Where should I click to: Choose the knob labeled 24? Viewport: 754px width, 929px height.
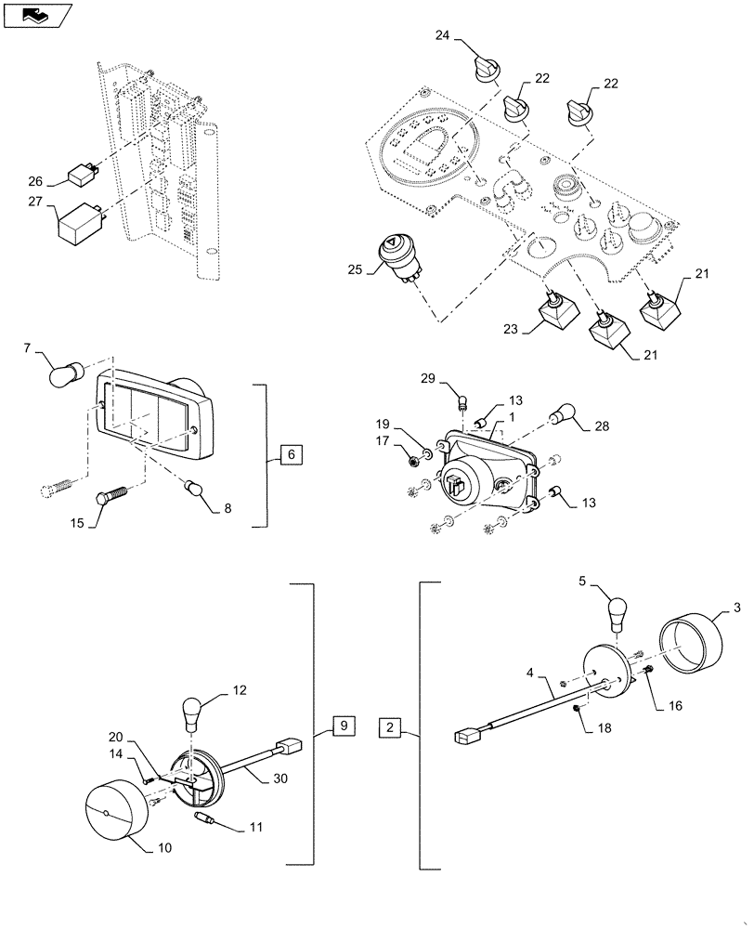tap(485, 67)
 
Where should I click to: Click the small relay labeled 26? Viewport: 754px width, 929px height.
tap(84, 174)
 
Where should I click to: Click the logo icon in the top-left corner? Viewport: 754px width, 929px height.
tap(34, 14)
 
